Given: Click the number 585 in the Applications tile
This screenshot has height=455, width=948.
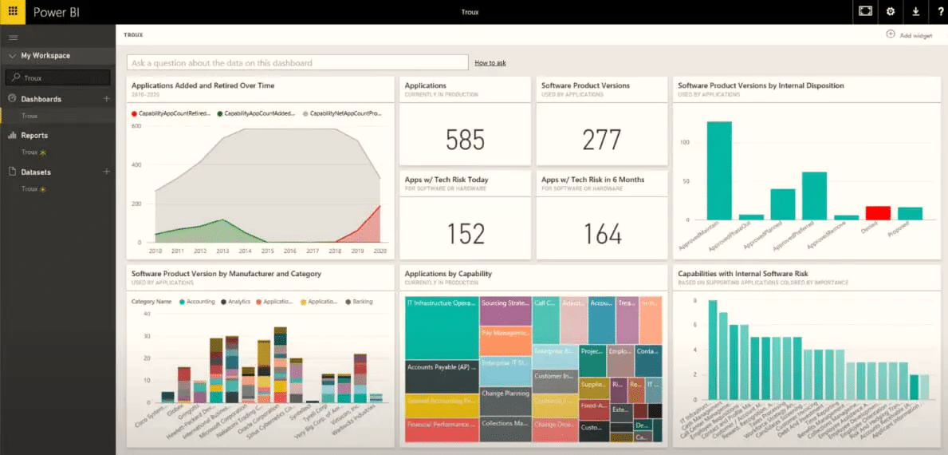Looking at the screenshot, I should tap(466, 140).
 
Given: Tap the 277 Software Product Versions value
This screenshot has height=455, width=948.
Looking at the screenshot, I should tap(602, 140).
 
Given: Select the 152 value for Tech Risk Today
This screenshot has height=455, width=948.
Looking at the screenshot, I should tap(466, 234).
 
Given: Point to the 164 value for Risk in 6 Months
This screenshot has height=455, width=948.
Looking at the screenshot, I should tap(602, 234).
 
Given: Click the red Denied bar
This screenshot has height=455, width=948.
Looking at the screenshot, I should tap(878, 212).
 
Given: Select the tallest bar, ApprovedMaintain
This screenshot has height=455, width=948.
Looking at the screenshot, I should tap(719, 170).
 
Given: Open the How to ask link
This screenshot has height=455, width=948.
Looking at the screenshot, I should tap(490, 63).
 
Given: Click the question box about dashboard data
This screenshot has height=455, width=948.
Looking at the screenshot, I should tap(297, 63).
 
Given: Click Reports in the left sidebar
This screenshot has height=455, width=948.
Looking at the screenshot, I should tap(34, 136).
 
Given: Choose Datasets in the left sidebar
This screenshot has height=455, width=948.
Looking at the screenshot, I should tap(36, 172).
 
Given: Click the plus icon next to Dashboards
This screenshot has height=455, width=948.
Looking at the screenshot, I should tap(107, 99).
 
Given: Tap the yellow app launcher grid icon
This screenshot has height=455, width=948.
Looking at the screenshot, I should tap(13, 12).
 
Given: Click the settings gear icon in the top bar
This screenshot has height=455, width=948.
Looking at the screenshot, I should tap(891, 12).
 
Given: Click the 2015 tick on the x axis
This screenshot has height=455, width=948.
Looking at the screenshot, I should tap(267, 251).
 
